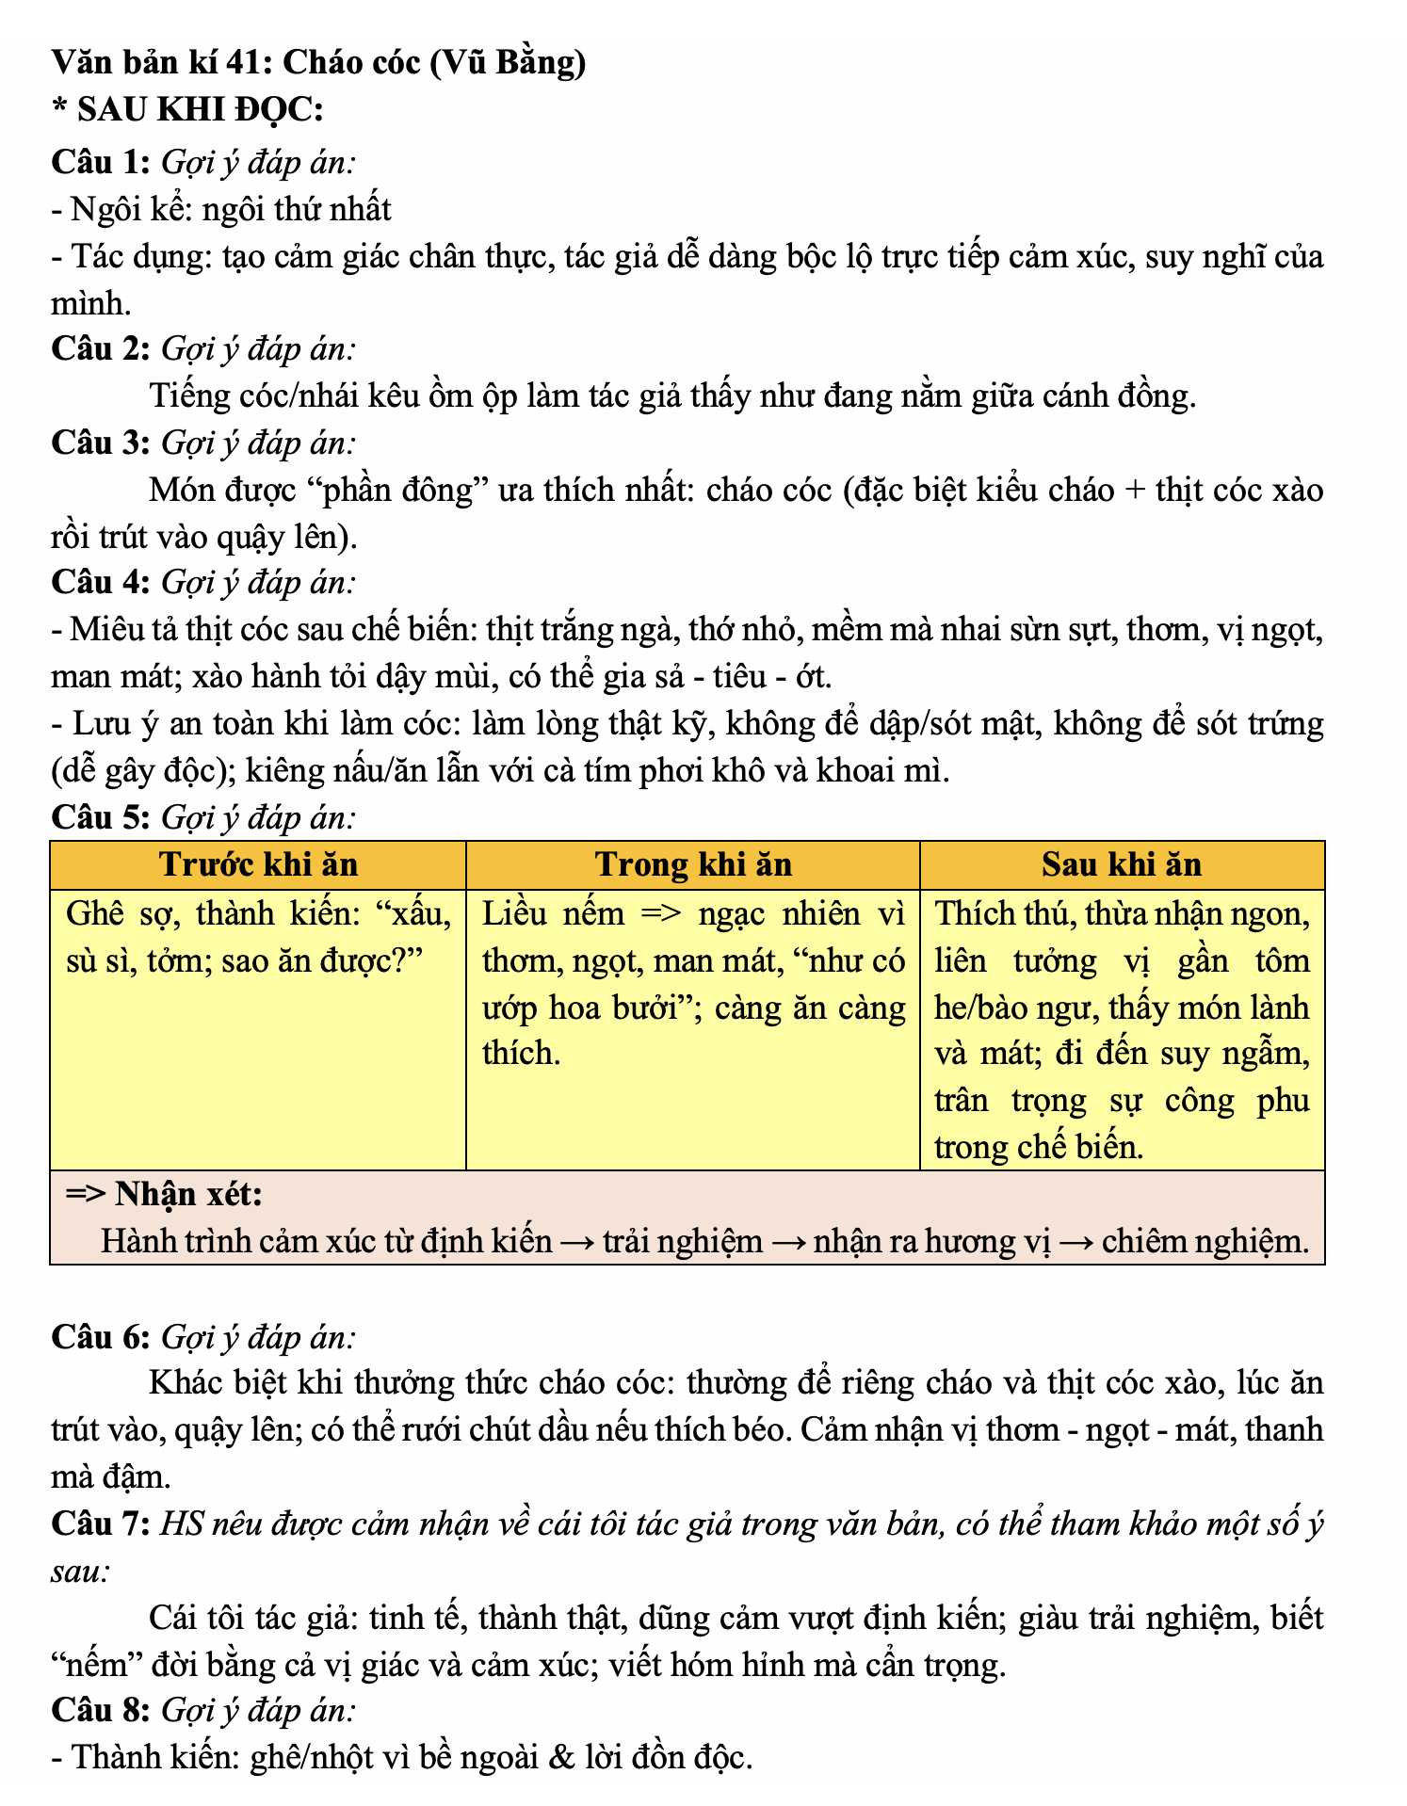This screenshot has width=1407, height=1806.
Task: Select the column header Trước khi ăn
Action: (258, 864)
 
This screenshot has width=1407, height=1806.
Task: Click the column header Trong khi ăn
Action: (693, 864)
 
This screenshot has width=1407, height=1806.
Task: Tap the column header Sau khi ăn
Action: (1121, 864)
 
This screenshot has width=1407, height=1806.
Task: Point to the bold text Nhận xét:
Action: (188, 1194)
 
